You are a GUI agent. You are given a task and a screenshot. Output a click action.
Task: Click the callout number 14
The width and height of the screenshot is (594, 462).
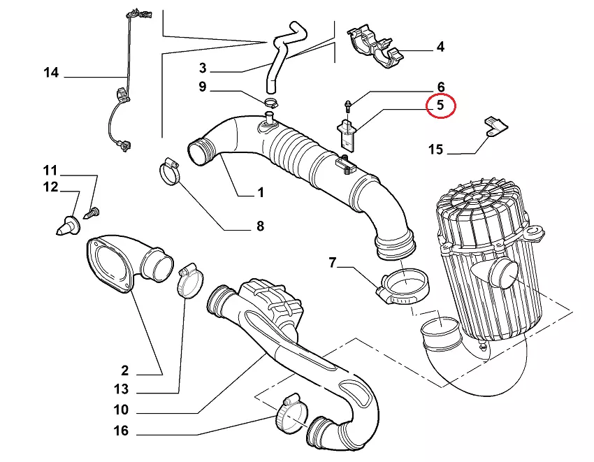pos(51,73)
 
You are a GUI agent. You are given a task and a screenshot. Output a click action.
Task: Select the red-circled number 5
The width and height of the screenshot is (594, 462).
pos(440,106)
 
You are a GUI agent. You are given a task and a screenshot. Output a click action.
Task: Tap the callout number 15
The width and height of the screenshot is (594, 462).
pos(435,150)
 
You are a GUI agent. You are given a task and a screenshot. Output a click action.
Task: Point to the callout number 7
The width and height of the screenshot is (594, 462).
pos(333,263)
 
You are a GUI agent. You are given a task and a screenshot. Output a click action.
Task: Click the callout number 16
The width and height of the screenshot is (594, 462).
pos(121,431)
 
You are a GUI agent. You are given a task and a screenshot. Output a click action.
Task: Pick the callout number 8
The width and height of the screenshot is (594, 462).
pos(259,226)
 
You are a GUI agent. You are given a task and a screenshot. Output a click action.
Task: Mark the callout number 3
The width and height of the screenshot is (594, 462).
pos(203,68)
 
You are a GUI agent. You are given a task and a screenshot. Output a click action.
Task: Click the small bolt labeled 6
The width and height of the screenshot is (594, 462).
pos(348,106)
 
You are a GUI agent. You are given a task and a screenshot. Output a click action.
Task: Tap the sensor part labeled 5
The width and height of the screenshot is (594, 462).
pos(348,133)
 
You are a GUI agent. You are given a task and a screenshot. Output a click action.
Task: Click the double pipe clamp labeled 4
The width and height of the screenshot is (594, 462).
pos(377,48)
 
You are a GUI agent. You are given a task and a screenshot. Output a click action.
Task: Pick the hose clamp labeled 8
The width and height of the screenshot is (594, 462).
pos(169,171)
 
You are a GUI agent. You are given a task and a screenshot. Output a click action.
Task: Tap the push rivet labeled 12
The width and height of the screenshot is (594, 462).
pos(68,224)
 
